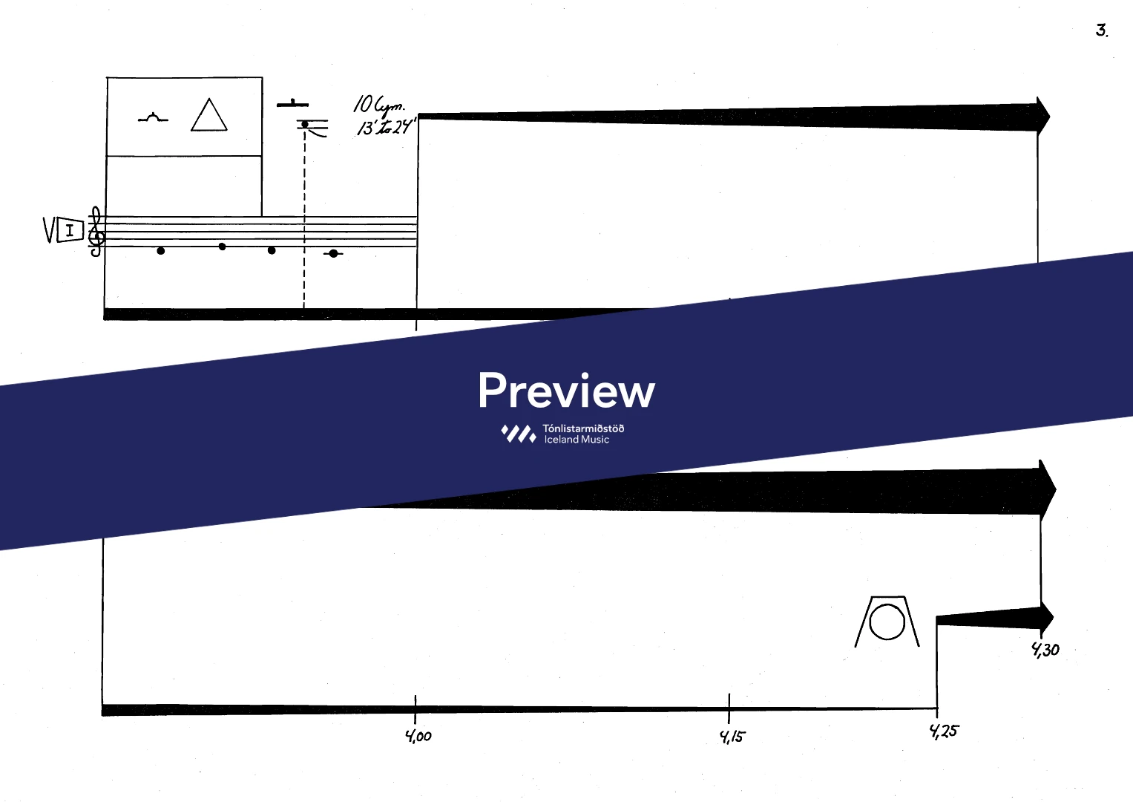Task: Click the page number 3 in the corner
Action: [1101, 30]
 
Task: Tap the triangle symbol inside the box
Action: [209, 117]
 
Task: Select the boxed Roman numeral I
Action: [70, 231]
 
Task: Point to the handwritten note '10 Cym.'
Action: [378, 106]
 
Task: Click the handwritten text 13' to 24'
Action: [386, 127]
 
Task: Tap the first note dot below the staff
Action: [161, 251]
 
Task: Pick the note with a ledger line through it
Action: [334, 254]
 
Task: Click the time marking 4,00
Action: [418, 736]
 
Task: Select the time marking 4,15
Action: [732, 737]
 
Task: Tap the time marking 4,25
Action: [944, 731]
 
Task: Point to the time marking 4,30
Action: [1045, 650]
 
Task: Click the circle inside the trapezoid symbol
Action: [887, 622]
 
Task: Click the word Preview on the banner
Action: [566, 391]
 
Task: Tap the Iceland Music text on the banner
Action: [577, 440]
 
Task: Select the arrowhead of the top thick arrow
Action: [1043, 116]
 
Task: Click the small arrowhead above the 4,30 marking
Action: [1046, 616]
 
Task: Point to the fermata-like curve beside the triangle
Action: [153, 117]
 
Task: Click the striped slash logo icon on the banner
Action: [519, 434]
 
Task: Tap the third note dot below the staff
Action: [272, 250]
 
